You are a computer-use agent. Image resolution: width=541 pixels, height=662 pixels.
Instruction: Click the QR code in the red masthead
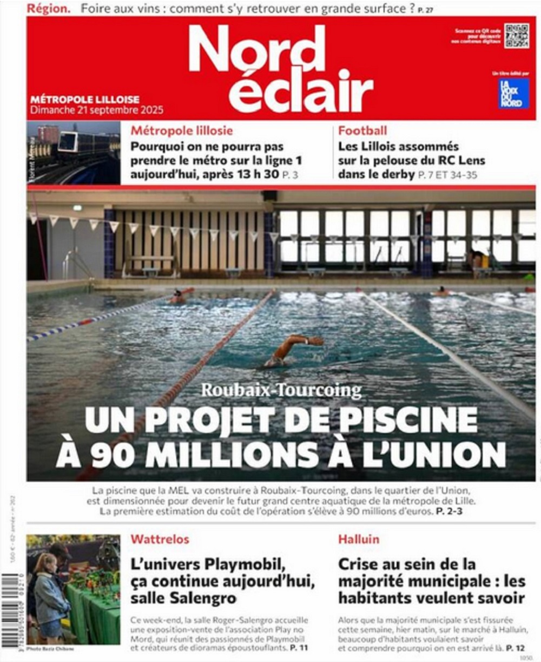516,36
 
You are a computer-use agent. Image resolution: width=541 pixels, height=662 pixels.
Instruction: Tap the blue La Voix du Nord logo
513,94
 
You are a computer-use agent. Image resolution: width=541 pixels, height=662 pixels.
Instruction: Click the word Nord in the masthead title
257,49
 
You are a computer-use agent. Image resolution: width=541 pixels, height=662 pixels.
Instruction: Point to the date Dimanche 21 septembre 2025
97,110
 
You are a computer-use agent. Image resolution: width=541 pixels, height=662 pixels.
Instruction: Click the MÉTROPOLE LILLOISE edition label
85,100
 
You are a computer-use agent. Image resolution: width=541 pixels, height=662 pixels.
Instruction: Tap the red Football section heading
362,130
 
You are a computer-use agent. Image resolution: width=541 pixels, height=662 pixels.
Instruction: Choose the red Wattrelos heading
160,539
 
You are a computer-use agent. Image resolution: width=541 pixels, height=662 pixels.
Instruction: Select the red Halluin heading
359,539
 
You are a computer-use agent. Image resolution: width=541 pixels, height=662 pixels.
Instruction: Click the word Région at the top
48,9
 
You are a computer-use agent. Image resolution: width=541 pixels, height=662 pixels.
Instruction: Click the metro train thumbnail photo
74,153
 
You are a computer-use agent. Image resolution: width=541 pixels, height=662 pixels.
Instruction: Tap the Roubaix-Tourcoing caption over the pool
281,390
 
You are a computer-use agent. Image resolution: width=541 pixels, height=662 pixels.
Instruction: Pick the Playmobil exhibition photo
74,589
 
